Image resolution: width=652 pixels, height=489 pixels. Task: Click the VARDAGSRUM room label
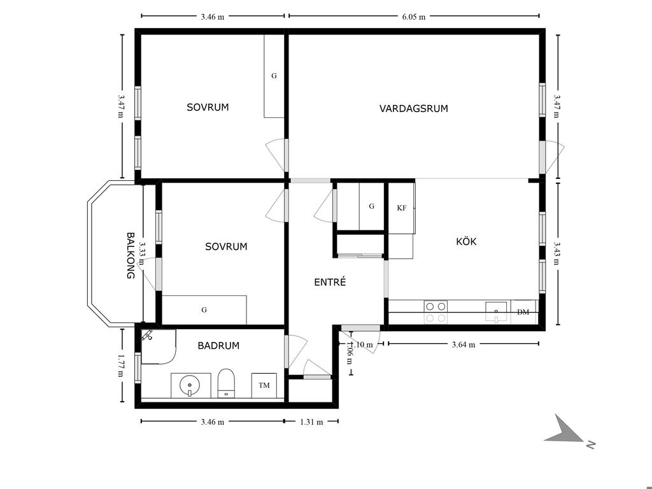coord(414,108)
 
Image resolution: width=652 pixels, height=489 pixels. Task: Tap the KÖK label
coord(466,241)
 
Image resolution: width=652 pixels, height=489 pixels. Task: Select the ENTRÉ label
coord(330,282)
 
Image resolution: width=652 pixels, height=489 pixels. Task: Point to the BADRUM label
coord(218,346)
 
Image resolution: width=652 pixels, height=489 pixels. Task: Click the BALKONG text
coord(131,255)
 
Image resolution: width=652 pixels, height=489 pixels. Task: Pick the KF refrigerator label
coord(402,208)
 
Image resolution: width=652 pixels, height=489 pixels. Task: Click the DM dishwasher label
coord(523,312)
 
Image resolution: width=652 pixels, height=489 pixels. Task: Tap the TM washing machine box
coord(264,385)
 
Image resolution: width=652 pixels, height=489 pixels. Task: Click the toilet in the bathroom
coord(227,383)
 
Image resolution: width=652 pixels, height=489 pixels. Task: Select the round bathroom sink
coord(190,385)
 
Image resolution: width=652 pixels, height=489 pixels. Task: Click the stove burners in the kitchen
coord(436,312)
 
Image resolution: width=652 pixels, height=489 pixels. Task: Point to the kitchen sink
coord(496,312)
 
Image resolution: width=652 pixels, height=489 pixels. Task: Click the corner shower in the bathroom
coord(159,347)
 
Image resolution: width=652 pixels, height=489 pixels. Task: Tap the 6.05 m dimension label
coord(414,17)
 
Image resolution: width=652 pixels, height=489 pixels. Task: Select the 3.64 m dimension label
coord(464,344)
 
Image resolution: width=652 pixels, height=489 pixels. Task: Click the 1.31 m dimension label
coord(311,422)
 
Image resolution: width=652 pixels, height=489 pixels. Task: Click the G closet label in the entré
coord(371,206)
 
